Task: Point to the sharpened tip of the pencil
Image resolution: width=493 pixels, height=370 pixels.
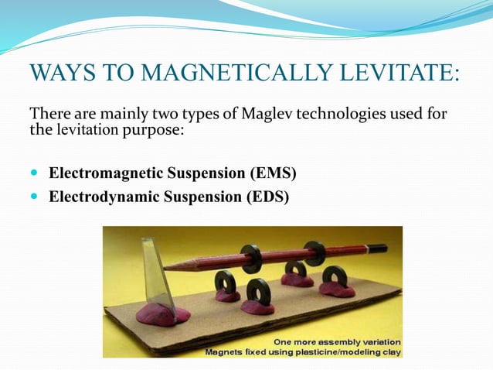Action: point(169,266)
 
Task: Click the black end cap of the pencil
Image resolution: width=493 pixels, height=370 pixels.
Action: point(378,249)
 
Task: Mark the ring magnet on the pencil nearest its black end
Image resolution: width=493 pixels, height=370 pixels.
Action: point(314,252)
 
